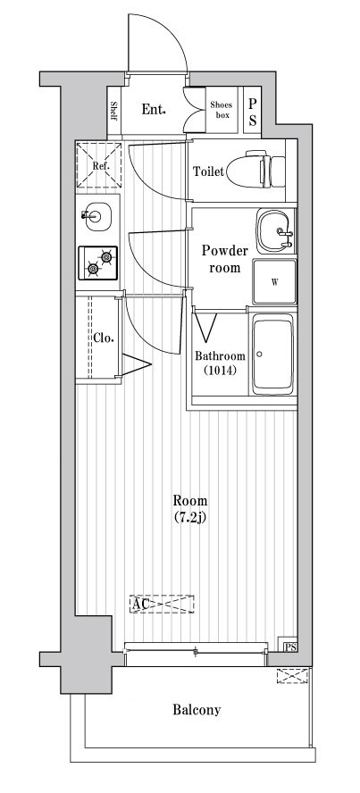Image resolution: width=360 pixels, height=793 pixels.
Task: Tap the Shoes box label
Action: (x=222, y=110)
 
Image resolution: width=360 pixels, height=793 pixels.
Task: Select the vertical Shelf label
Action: (x=114, y=110)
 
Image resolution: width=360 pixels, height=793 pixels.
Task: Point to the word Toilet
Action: (x=208, y=171)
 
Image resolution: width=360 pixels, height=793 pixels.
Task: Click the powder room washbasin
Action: (x=274, y=232)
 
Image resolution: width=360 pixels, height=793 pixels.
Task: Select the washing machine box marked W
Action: (x=274, y=283)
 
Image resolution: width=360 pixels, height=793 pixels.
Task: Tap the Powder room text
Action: (x=220, y=259)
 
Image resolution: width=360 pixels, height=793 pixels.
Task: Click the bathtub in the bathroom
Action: (x=274, y=354)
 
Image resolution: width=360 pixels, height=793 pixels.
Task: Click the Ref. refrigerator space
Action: (x=98, y=165)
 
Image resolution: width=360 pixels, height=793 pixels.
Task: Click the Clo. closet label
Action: (x=103, y=338)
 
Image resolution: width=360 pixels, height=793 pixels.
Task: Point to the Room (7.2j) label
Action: (x=190, y=508)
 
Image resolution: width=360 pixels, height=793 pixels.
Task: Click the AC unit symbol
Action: (x=162, y=605)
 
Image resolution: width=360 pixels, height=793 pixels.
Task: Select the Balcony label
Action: (x=196, y=711)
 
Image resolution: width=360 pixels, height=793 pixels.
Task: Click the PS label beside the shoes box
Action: (x=253, y=111)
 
